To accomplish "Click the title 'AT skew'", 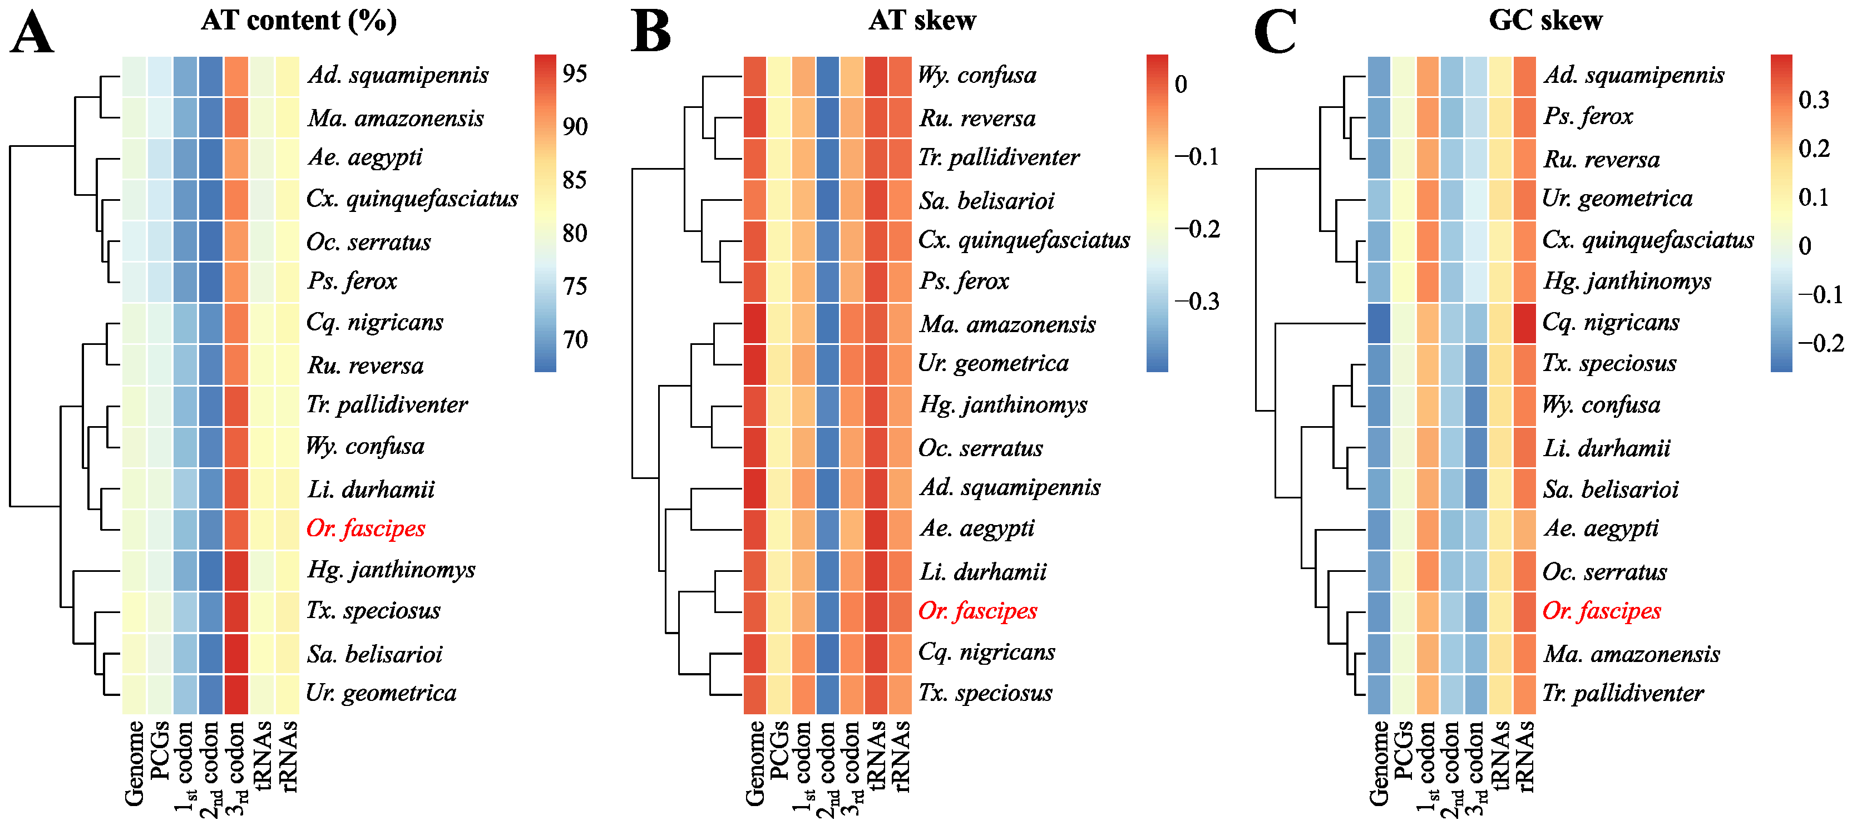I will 922,20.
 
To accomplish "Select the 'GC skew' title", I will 1545,20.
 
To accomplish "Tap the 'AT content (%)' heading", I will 298,20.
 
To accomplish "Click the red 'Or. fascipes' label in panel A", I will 365,528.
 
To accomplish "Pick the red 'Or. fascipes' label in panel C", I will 1601,611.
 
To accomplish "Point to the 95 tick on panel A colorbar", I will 575,73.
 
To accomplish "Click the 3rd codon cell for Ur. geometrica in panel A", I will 236,694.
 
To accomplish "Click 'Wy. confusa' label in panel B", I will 977,75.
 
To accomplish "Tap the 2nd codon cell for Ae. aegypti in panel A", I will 211,158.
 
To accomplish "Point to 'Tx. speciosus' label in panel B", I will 985,693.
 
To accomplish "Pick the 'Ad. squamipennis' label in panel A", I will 398,75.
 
